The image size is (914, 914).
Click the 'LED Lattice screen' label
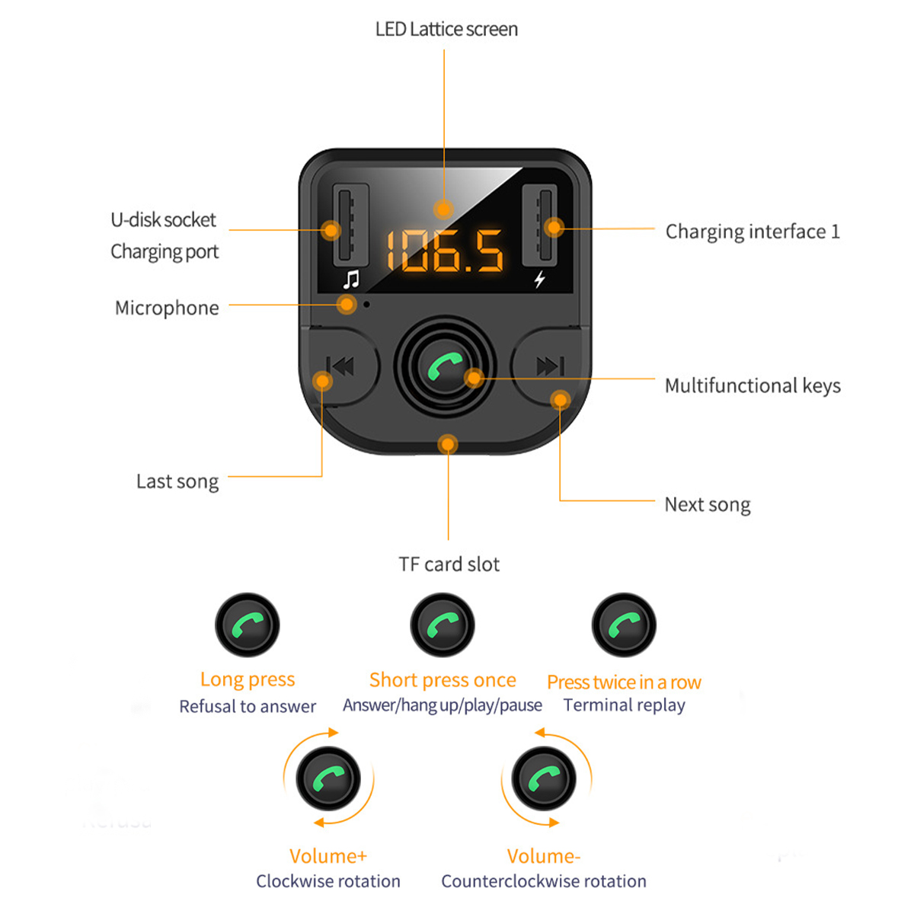tap(446, 30)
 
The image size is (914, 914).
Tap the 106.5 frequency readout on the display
tap(445, 251)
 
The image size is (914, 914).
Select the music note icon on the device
tap(350, 280)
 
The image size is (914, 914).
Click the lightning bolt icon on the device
tap(539, 280)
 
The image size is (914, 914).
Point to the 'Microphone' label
tap(167, 308)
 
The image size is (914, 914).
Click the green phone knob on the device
tap(445, 368)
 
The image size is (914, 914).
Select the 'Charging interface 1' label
tap(753, 232)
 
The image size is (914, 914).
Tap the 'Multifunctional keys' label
tap(753, 385)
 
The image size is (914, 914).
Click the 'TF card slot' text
tap(449, 564)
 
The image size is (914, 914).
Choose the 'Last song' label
tap(177, 481)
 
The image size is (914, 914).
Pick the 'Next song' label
tap(707, 504)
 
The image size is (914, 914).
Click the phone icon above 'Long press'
tap(248, 625)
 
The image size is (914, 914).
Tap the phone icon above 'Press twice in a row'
tap(624, 625)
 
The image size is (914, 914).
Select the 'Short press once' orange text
tap(443, 679)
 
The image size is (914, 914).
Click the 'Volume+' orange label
tap(328, 856)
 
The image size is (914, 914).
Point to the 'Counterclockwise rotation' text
tap(543, 881)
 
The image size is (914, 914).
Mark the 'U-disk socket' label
tap(163, 220)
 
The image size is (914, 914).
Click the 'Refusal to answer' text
tap(248, 707)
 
